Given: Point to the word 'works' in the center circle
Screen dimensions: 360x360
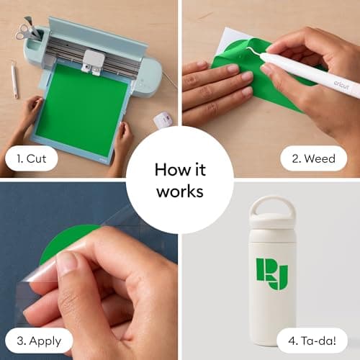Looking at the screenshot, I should point(180,192).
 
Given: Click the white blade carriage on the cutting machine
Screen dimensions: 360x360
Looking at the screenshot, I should point(92,61).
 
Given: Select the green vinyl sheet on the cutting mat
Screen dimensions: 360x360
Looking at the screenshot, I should point(81,108).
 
